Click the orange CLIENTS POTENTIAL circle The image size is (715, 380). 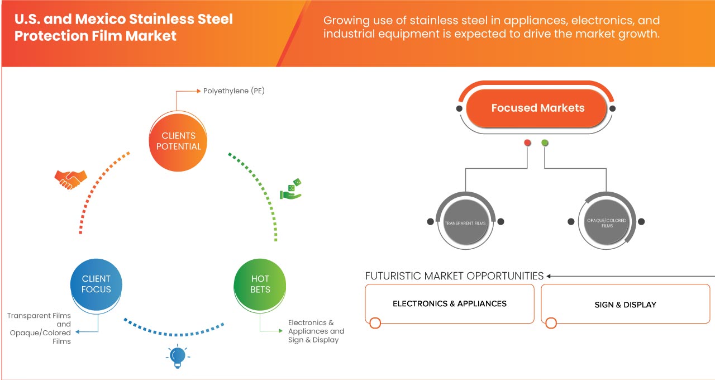178,141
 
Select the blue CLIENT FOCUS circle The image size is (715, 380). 96,284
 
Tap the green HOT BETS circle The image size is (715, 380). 260,284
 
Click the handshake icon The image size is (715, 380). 70,179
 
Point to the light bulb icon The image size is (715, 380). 178,356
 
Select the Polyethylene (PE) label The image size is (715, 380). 233,91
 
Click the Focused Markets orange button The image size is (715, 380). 537,108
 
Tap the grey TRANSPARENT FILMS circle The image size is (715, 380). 465,222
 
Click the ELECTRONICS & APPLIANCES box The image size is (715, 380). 449,304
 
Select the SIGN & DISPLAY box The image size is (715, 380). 625,305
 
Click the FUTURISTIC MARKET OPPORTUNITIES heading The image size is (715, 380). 454,276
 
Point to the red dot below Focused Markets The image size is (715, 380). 527,143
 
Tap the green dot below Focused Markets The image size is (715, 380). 545,143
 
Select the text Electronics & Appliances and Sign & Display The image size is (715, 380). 316,331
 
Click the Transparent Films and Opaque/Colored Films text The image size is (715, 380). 39,329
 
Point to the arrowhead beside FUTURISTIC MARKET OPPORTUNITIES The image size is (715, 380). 549,276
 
